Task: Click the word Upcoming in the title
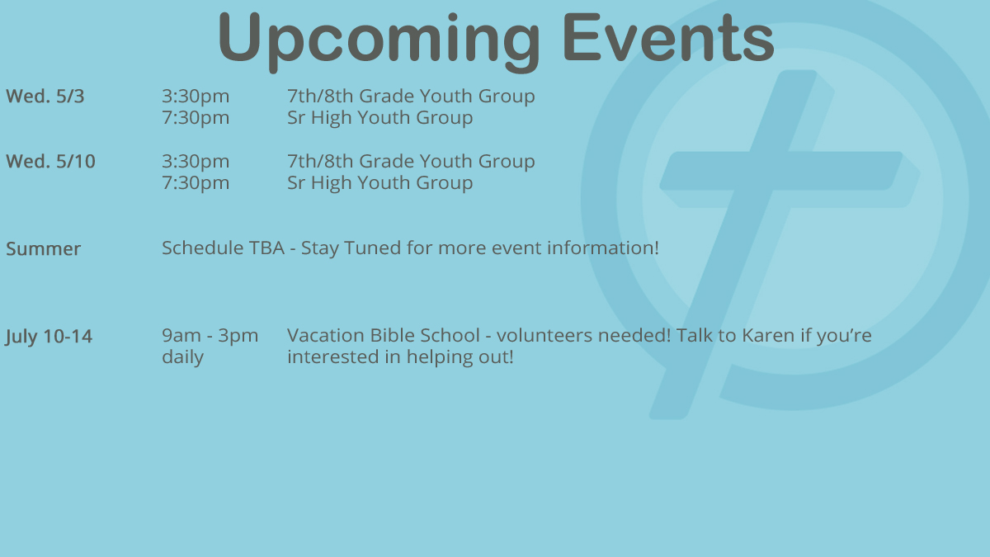tap(379, 40)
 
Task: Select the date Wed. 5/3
tap(45, 97)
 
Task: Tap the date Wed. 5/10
tap(50, 162)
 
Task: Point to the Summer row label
tap(43, 249)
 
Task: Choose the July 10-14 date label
tap(49, 337)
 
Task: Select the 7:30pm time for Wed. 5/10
tap(196, 183)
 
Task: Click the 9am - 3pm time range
tap(210, 337)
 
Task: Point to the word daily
tap(182, 356)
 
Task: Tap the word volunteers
tap(547, 336)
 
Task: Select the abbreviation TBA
tap(267, 248)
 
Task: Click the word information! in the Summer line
tap(603, 248)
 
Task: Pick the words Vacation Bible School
tap(383, 336)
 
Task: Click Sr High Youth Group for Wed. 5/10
tap(380, 183)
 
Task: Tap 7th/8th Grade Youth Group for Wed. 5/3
tap(411, 97)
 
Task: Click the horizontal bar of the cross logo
tap(781, 171)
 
